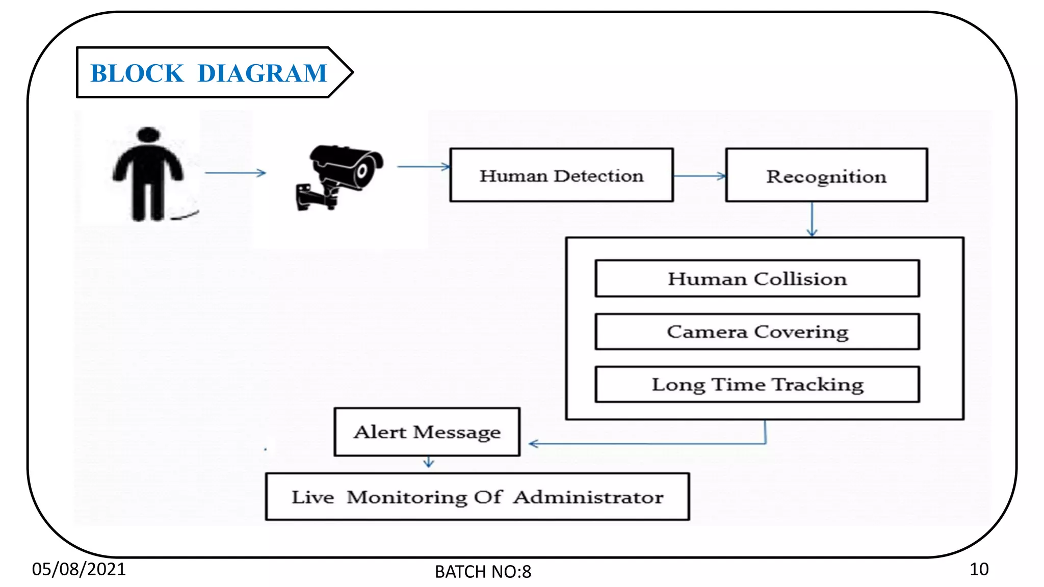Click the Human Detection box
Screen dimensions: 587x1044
[561, 175]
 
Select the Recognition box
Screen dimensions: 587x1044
[826, 175]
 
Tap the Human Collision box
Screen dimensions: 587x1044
[757, 279]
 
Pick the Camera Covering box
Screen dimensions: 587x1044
[757, 332]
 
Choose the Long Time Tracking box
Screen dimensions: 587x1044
[757, 384]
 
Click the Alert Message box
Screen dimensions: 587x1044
[427, 432]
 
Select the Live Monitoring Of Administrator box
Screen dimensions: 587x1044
[477, 497]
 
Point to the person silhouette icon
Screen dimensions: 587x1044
[148, 176]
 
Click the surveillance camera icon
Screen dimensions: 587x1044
[339, 176]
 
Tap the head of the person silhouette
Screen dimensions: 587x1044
[148, 135]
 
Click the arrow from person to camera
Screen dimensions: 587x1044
[235, 173]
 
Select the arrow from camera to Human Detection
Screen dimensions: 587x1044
[423, 167]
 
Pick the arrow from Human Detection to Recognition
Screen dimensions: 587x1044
[699, 176]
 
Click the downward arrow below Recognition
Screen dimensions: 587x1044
[812, 219]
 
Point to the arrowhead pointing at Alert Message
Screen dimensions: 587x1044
[533, 444]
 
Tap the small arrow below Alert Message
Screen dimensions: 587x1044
[429, 463]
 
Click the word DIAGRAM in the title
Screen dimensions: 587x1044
[262, 73]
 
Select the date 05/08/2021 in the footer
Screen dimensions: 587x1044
[79, 569]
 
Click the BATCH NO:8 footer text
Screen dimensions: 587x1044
[483, 572]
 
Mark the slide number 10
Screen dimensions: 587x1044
[979, 569]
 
